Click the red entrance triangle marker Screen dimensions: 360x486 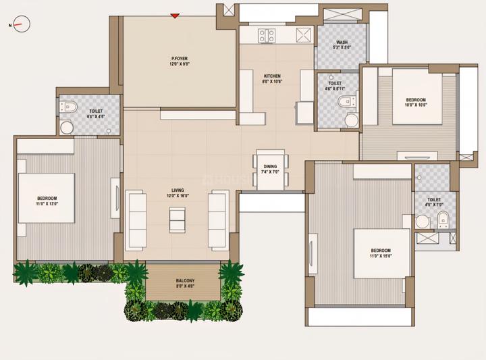pos(175,15)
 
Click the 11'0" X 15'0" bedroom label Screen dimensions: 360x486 pos(381,253)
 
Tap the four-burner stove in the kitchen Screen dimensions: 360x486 pos(267,35)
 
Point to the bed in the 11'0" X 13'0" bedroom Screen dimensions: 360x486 pos(46,198)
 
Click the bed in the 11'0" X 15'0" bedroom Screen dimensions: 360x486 pos(381,253)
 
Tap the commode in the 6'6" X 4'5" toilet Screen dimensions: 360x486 pos(70,107)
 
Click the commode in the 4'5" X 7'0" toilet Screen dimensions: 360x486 pos(443,217)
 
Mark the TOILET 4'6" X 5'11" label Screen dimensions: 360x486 pos(335,86)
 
